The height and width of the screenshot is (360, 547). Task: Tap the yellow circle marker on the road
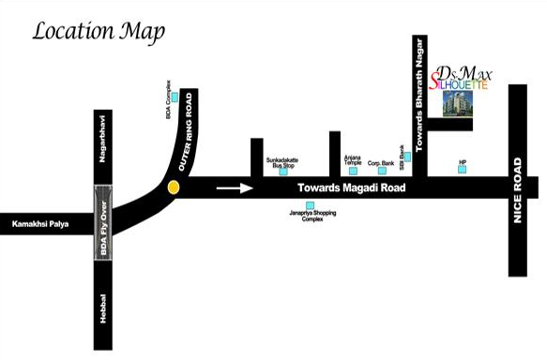(173, 187)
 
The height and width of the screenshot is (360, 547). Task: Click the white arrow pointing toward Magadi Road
(235, 187)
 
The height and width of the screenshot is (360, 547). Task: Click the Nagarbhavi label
(103, 138)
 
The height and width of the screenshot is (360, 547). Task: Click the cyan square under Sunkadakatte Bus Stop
(282, 172)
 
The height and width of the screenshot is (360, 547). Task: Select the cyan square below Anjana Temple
(355, 171)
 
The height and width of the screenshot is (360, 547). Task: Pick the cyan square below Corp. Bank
(382, 171)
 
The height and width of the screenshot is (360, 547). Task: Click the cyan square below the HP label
(462, 171)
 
